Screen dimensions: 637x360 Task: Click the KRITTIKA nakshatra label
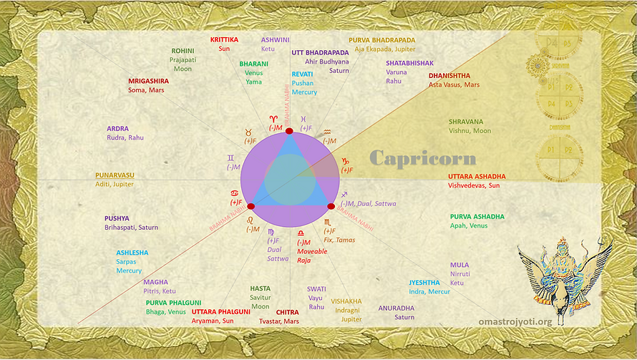coord(224,40)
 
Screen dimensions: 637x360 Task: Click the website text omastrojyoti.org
coord(515,322)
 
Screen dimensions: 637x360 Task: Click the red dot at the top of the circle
coord(289,131)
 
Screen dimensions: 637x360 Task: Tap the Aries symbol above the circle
coord(273,118)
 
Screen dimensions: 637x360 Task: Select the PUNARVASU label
coord(115,175)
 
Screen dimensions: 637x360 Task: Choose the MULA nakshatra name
coord(459,265)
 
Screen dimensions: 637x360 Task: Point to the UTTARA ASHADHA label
coord(477,176)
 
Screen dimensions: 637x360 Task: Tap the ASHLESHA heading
coord(132,253)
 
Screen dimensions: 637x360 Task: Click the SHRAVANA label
coord(466,122)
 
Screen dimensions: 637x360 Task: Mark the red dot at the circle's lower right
coord(331,205)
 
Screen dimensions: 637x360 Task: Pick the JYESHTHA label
coord(424,283)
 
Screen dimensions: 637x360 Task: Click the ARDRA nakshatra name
coord(117,129)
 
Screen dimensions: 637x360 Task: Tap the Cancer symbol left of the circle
coord(234,194)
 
